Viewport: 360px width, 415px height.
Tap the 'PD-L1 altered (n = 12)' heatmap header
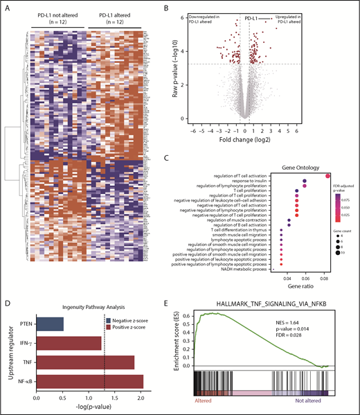[x=115, y=17]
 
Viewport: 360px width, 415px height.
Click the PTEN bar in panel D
[x=49, y=324]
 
